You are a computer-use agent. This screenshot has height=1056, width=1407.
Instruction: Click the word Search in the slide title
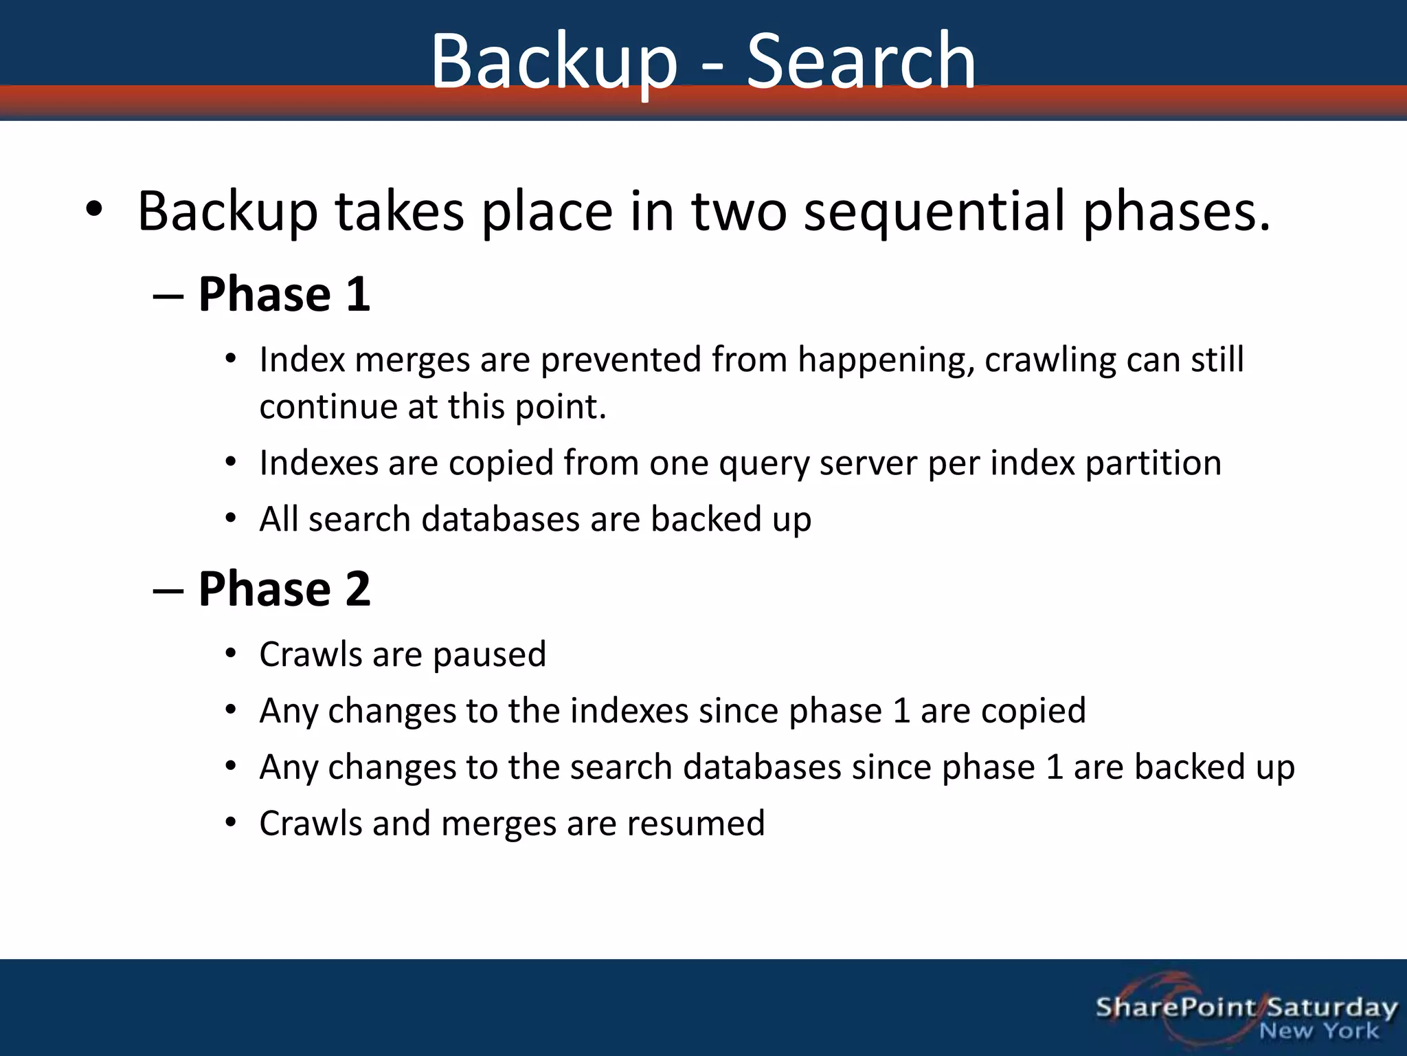pyautogui.click(x=861, y=62)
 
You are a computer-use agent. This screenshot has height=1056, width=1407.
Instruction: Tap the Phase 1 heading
pyautogui.click(x=284, y=294)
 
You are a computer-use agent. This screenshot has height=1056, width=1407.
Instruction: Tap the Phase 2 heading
pyautogui.click(x=284, y=588)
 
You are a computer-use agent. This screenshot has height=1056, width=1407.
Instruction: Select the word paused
pyautogui.click(x=489, y=654)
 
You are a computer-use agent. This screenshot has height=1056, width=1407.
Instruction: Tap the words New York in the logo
pyautogui.click(x=1318, y=1031)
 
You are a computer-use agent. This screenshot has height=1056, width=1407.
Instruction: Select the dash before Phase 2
pyautogui.click(x=168, y=590)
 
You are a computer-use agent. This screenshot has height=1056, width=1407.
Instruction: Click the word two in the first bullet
pyautogui.click(x=739, y=211)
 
